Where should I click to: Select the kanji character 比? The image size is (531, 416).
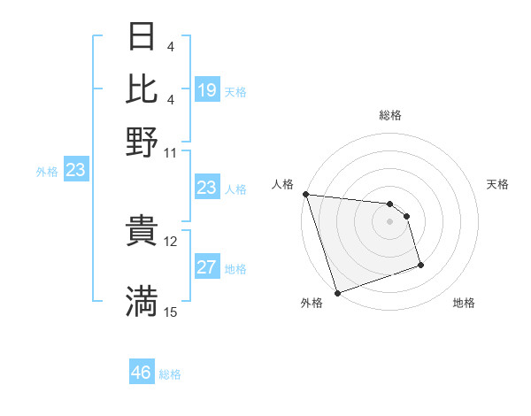click(142, 88)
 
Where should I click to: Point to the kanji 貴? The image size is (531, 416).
click(142, 233)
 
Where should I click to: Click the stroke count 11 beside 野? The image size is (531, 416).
click(171, 152)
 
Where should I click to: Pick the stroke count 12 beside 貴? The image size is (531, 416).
click(171, 241)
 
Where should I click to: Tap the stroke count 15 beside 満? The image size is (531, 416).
click(171, 312)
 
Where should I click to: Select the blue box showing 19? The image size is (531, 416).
click(206, 89)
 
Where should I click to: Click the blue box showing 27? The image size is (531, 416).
click(206, 267)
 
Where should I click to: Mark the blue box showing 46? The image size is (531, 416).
click(142, 373)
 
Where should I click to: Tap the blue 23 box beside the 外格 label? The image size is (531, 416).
click(75, 171)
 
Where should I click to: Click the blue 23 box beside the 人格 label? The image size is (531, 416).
click(206, 188)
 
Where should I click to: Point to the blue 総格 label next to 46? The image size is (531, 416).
click(171, 374)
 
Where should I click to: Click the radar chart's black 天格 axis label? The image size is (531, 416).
click(497, 184)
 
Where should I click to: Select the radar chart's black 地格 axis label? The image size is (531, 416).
click(464, 304)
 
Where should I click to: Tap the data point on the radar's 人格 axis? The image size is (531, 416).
click(305, 194)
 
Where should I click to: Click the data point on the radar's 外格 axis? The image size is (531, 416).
click(337, 293)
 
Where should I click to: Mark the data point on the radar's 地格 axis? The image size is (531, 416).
click(420, 264)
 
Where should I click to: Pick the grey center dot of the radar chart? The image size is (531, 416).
click(389, 221)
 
